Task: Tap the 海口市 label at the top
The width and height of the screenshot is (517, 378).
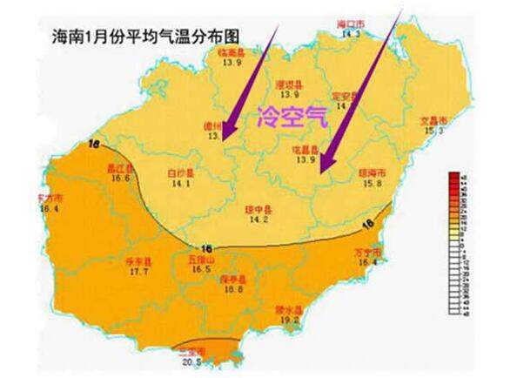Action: tap(350, 25)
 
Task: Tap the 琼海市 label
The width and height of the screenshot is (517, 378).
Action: tap(372, 172)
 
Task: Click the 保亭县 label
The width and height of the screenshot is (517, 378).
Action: tap(233, 279)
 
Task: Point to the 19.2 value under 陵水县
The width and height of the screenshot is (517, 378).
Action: tap(289, 320)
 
